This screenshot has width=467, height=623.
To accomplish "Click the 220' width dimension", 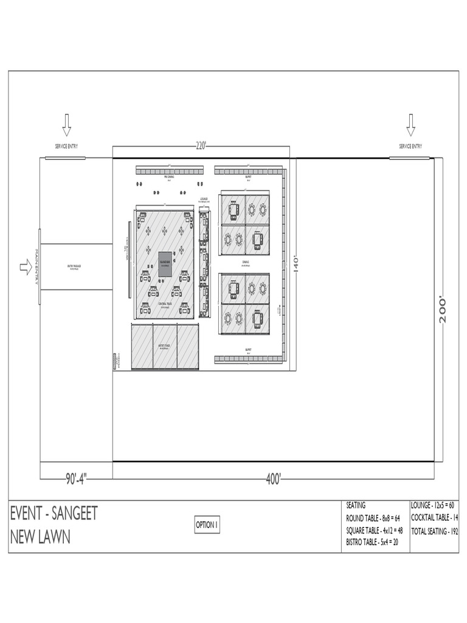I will pyautogui.click(x=201, y=146).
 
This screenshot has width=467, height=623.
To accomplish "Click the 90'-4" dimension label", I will pyautogui.click(x=76, y=479).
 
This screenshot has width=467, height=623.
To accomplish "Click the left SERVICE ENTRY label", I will pyautogui.click(x=66, y=147).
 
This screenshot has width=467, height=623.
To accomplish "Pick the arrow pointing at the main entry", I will pyautogui.click(x=26, y=266).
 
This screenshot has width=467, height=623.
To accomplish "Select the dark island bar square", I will pyautogui.click(x=165, y=264).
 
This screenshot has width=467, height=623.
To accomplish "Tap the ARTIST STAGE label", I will pyautogui.click(x=164, y=346).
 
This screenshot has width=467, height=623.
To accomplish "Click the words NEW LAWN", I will pyautogui.click(x=40, y=537).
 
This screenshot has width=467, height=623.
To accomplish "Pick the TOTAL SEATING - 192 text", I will pyautogui.click(x=435, y=531).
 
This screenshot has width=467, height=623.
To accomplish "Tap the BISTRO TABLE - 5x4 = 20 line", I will pyautogui.click(x=373, y=542).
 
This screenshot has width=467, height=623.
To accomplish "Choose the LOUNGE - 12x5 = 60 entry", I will pyautogui.click(x=434, y=505).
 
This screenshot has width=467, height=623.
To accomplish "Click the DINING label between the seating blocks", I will pyautogui.click(x=246, y=262).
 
